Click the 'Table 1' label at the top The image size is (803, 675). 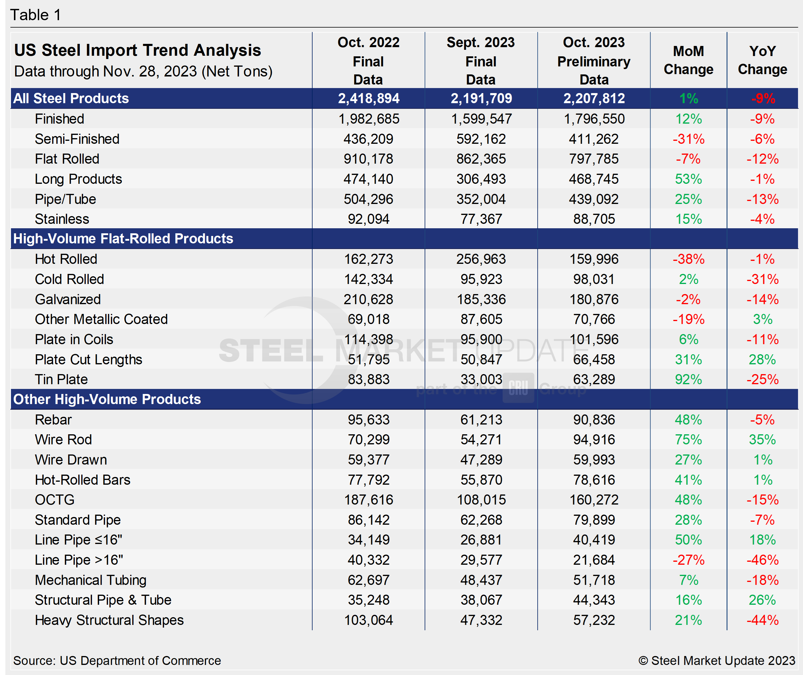(35, 15)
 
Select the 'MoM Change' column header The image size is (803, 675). (688, 60)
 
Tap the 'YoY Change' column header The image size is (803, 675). (762, 60)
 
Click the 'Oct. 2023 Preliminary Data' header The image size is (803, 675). (594, 61)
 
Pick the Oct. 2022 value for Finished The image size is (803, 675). (369, 119)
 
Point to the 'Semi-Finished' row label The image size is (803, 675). (77, 139)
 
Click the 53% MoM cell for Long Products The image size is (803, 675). (688, 179)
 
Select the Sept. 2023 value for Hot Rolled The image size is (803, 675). (481, 259)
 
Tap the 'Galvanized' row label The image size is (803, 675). (68, 299)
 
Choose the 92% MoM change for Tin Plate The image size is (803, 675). (688, 379)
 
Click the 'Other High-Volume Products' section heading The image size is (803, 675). (107, 399)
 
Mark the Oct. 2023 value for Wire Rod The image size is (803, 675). (594, 439)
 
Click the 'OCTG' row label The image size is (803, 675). (55, 500)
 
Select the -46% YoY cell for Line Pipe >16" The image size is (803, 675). (762, 560)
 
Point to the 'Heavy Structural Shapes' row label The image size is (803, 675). (109, 620)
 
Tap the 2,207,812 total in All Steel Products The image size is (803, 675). (594, 98)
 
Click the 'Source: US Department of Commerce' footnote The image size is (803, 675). (117, 660)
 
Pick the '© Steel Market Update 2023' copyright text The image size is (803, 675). (716, 660)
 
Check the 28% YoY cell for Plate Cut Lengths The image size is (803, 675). (762, 359)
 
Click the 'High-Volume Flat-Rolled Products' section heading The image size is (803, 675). (123, 238)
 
